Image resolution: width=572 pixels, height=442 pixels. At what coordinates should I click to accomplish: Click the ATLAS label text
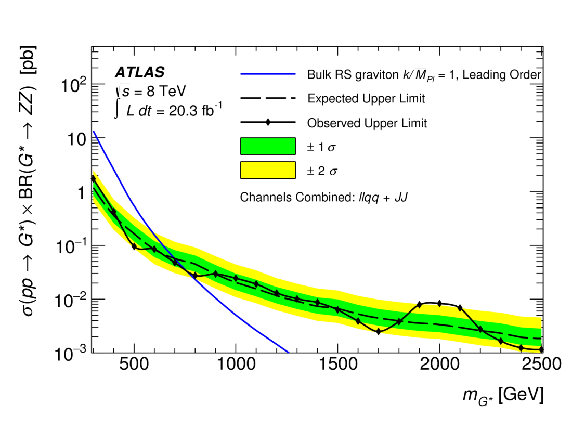[139, 72]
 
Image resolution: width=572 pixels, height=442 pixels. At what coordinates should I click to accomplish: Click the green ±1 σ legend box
[268, 146]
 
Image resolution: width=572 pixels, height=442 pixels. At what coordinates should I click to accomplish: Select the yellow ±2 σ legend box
[268, 170]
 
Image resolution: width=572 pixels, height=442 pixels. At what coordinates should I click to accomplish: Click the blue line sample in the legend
[268, 74]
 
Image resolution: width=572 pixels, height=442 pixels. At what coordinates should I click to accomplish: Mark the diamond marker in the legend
[268, 123]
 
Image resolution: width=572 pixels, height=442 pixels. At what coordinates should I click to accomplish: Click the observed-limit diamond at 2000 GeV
[439, 303]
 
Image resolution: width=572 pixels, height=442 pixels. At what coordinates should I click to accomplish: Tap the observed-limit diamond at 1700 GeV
[379, 331]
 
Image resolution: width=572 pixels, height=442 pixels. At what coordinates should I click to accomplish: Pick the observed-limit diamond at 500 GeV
[134, 246]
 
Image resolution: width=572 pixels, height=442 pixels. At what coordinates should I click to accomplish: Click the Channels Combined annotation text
[322, 198]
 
